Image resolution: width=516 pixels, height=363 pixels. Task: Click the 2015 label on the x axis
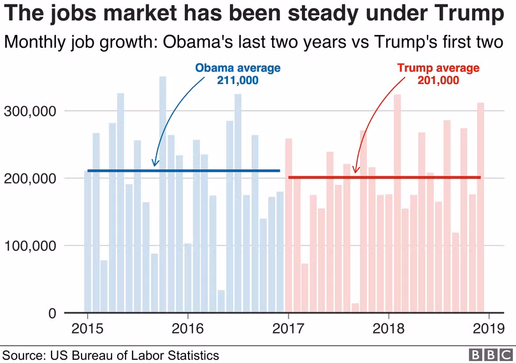click(x=87, y=329)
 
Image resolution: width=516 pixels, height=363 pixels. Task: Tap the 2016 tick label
click(x=187, y=329)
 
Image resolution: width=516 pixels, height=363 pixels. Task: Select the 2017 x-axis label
click(x=288, y=329)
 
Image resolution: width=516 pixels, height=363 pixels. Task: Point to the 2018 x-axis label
click(x=389, y=329)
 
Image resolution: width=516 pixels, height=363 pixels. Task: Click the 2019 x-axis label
click(x=489, y=329)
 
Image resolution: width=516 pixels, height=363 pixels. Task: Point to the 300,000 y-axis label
click(x=31, y=111)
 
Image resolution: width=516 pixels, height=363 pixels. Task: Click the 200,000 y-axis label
click(x=31, y=179)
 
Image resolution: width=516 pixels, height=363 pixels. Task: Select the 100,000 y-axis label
click(x=31, y=246)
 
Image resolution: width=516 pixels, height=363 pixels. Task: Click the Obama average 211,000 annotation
click(x=238, y=74)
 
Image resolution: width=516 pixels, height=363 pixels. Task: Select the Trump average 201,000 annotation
click(x=438, y=74)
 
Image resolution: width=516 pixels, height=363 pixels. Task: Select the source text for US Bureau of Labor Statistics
click(x=111, y=355)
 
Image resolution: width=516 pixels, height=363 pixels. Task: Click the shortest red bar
click(x=355, y=308)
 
